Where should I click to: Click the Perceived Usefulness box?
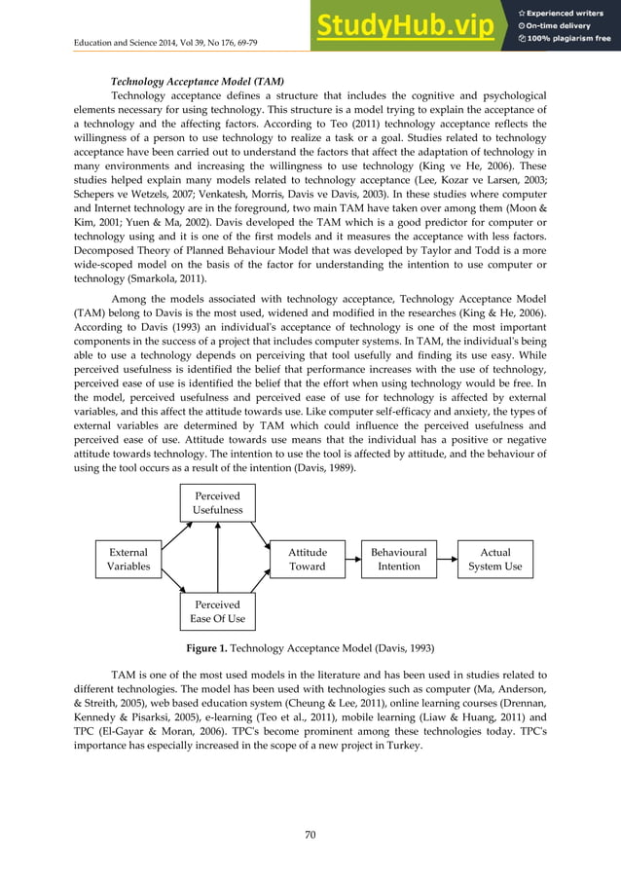click(x=218, y=502)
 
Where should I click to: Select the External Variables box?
click(x=128, y=559)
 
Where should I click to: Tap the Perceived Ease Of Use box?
click(x=218, y=611)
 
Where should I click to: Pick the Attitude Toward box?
click(x=308, y=559)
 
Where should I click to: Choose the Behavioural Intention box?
click(x=399, y=559)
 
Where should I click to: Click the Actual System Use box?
click(x=495, y=559)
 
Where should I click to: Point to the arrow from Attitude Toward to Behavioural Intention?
click(x=352, y=559)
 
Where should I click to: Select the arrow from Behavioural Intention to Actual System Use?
click(x=447, y=559)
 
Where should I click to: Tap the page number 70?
click(x=310, y=833)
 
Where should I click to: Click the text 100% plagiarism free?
click(x=570, y=39)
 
